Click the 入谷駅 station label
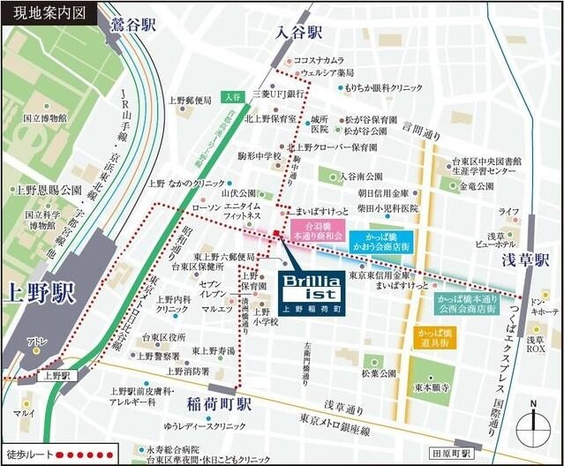click(297, 33)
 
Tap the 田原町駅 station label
click(476, 452)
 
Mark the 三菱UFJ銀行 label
click(277, 93)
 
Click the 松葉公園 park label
click(378, 373)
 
